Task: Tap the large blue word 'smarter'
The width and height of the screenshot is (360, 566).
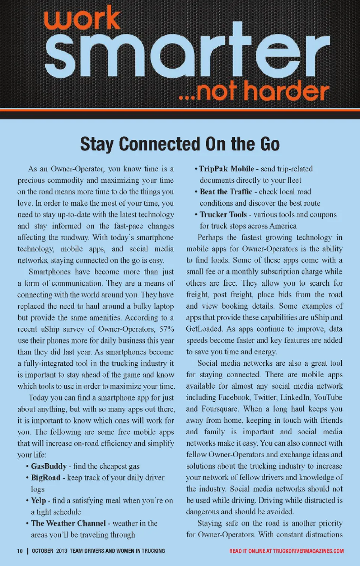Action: pos(187,51)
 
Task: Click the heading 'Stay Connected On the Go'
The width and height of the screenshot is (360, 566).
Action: pos(180,144)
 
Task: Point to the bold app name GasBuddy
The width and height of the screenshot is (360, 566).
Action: pos(49,466)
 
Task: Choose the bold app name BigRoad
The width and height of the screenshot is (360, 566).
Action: pos(45,477)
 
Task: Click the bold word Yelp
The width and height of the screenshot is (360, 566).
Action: pos(39,500)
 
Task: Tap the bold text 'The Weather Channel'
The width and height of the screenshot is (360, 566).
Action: pos(68,523)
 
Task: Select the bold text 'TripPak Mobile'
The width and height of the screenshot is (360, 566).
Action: pos(226,169)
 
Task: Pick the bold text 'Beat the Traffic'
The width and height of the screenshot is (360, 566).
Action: pos(226,192)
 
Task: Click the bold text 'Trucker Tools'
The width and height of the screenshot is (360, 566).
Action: pos(223,215)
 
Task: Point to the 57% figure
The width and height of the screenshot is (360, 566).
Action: pos(166,329)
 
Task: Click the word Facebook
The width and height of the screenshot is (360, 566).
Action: pos(234,397)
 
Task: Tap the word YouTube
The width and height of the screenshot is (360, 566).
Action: pos(328,397)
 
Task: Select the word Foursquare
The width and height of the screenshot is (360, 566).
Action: pos(220,409)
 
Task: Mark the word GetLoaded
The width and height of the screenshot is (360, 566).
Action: pos(204,329)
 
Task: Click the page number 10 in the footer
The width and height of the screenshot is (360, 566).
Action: pos(20,551)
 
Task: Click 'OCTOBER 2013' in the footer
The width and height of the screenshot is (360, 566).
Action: pos(49,551)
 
